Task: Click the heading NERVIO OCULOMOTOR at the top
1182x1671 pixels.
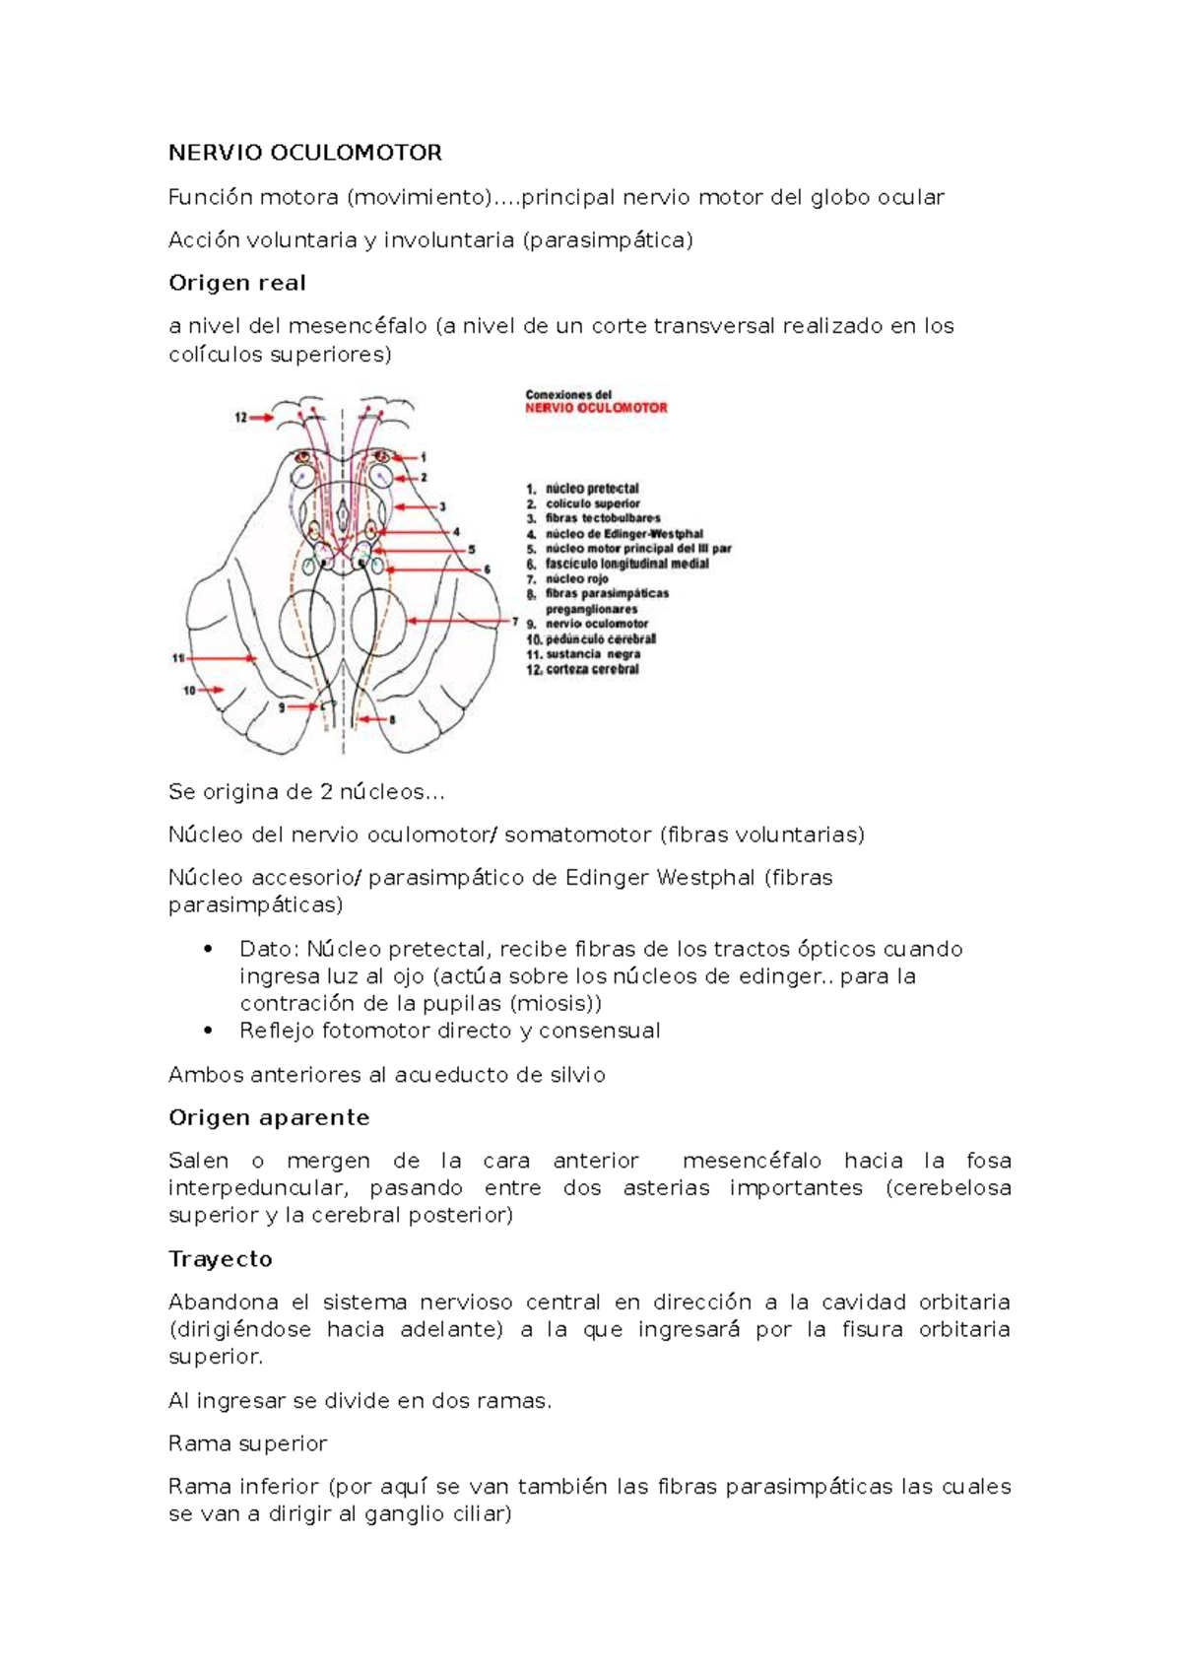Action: coord(304,153)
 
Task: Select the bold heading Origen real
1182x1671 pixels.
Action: coord(236,283)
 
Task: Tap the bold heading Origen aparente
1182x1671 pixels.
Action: coord(269,1117)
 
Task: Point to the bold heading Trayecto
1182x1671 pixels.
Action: coord(220,1259)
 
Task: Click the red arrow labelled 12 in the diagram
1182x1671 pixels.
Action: coord(261,418)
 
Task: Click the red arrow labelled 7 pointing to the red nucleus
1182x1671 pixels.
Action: coord(458,622)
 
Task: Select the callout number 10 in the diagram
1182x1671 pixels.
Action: coord(188,691)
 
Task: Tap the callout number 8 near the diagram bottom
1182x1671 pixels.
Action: coord(392,720)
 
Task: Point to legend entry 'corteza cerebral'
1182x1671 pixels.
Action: coord(591,670)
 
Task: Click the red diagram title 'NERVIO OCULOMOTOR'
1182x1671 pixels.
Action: coord(596,408)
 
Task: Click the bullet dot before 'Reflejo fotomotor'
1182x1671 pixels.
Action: coord(207,1031)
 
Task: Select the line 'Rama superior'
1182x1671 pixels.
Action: coord(247,1443)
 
